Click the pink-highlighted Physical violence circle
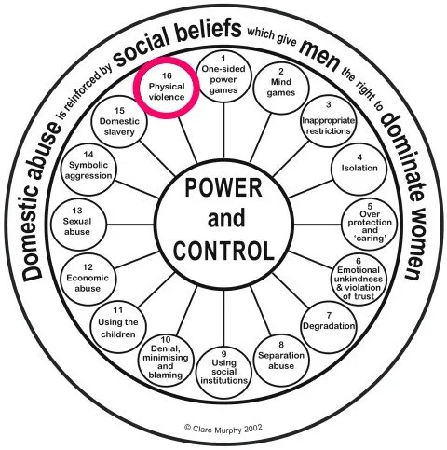(x=167, y=88)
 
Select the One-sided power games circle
(x=223, y=76)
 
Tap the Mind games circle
(x=281, y=88)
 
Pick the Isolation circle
(x=359, y=170)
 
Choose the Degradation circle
(x=329, y=327)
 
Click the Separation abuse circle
(x=281, y=361)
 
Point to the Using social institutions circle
(x=223, y=372)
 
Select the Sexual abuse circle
(x=78, y=225)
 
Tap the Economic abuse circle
(x=88, y=280)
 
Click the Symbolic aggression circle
(x=88, y=170)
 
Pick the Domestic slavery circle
(x=119, y=122)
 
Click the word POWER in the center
(x=223, y=188)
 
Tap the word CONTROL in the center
(x=223, y=251)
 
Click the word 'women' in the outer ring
(x=415, y=240)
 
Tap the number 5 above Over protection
(x=370, y=206)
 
